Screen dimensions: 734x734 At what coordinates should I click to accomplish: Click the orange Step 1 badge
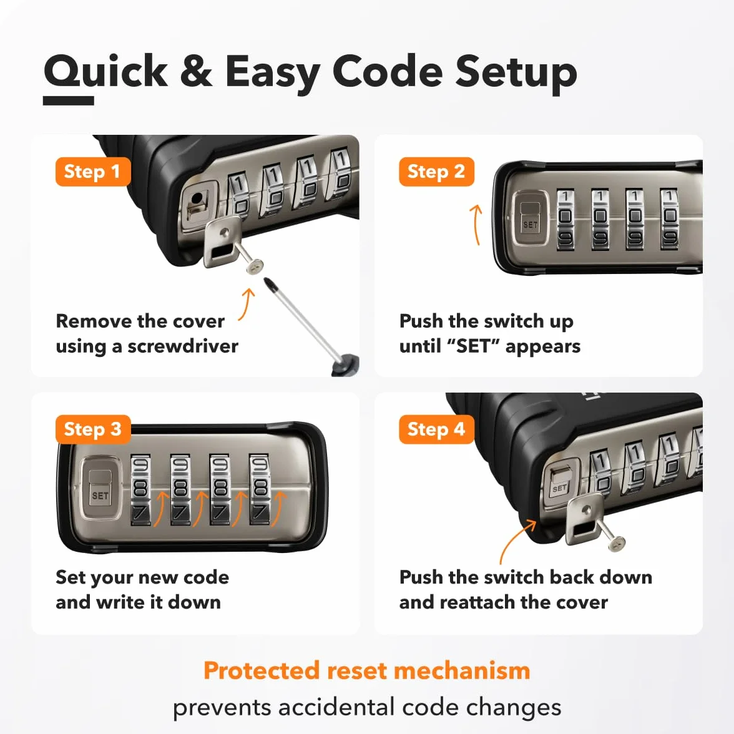[x=92, y=172]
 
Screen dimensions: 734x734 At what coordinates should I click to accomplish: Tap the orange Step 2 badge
[x=436, y=172]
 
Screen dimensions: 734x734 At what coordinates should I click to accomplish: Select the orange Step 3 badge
[x=92, y=429]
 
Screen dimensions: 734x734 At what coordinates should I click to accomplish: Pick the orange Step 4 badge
[x=436, y=429]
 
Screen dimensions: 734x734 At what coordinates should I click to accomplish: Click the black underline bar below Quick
[x=69, y=100]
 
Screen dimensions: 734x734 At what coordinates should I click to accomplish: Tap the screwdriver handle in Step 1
[x=346, y=365]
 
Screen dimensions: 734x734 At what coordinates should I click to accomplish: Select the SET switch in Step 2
[x=530, y=218]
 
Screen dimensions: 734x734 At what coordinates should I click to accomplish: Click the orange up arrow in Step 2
[x=476, y=225]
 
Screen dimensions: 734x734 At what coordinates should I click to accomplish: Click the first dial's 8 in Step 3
[x=140, y=488]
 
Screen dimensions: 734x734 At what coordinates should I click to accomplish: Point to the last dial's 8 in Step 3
[x=260, y=488]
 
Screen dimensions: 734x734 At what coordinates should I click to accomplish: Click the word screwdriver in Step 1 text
[x=183, y=346]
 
